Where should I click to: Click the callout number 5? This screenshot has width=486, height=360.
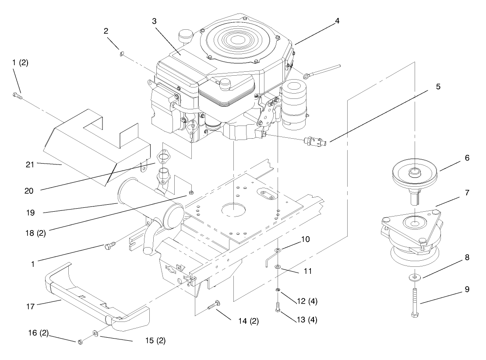tap(438, 87)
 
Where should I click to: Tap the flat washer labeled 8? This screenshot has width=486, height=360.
tap(414, 277)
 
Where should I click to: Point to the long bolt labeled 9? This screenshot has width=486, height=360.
tap(414, 301)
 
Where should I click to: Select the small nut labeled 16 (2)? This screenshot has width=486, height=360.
tap(81, 341)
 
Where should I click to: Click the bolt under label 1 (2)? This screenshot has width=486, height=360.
tap(17, 95)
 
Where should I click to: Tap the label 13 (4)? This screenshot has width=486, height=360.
tap(306, 320)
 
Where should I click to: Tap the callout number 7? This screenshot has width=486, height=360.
tap(467, 192)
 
